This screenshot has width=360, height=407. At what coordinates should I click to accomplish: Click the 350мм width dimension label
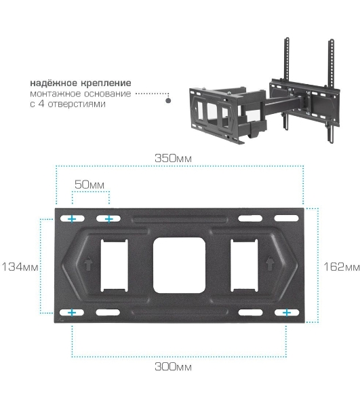pyautogui.click(x=173, y=158)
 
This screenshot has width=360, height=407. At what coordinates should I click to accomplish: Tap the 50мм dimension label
pyautogui.click(x=89, y=185)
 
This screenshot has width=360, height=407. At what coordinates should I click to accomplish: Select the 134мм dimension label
pyautogui.click(x=20, y=267)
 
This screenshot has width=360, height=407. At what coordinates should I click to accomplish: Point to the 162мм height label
pyautogui.click(x=342, y=267)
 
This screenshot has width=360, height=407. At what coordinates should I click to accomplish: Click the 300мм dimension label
pyautogui.click(x=173, y=367)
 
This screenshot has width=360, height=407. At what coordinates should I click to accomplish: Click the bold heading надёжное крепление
pyautogui.click(x=81, y=83)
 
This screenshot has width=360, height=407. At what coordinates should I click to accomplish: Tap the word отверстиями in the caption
pyautogui.click(x=77, y=104)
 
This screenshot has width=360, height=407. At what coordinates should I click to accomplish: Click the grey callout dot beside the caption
pyautogui.click(x=168, y=100)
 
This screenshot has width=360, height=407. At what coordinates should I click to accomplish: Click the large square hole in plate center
pyautogui.click(x=179, y=265)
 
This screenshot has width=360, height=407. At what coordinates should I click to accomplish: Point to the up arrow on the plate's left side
pyautogui.click(x=88, y=263)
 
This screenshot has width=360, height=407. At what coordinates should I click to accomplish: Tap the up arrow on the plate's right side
pyautogui.click(x=270, y=263)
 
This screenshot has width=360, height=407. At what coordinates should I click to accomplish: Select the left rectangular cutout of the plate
pyautogui.click(x=114, y=265)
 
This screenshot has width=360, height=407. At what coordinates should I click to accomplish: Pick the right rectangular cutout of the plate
pyautogui.click(x=244, y=265)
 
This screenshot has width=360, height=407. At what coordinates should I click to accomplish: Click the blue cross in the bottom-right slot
pyautogui.click(x=287, y=313)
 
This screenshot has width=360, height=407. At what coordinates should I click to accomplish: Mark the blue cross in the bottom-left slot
pyautogui.click(x=72, y=313)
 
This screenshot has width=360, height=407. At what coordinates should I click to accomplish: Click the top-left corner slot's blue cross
pyautogui.click(x=72, y=219)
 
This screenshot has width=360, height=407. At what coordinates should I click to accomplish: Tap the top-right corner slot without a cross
pyautogui.click(x=287, y=218)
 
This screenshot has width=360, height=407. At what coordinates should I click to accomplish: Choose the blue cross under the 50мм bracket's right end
pyautogui.click(x=109, y=219)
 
